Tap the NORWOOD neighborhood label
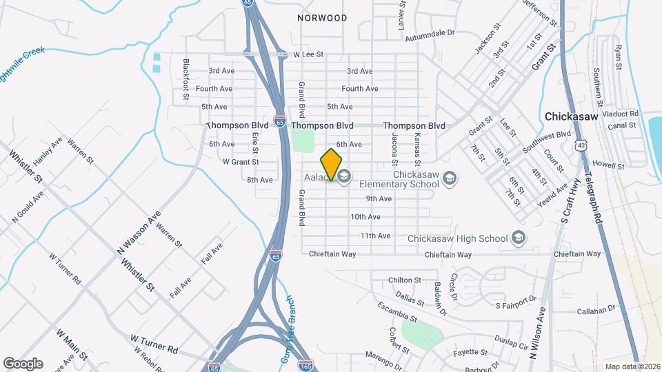click(x=322, y=18)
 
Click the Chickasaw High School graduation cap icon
click(x=519, y=238)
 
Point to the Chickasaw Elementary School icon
click(x=450, y=178)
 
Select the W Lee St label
click(x=308, y=54)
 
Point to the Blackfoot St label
click(x=186, y=80)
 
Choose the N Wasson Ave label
click(x=139, y=233)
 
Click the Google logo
click(x=23, y=363)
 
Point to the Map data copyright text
click(x=631, y=366)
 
